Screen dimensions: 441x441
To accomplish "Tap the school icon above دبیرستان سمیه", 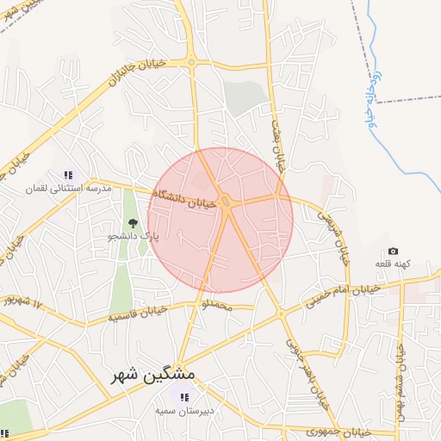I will (x=183, y=397).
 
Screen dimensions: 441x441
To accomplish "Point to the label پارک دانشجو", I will (x=134, y=235).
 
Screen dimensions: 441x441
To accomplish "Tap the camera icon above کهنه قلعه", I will (x=394, y=251).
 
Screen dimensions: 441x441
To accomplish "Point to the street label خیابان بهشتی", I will (x=278, y=147).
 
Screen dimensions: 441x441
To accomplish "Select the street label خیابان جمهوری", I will (x=339, y=430).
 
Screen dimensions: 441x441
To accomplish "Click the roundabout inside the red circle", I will (x=226, y=202).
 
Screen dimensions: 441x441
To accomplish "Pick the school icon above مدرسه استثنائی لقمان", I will (x=69, y=175).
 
